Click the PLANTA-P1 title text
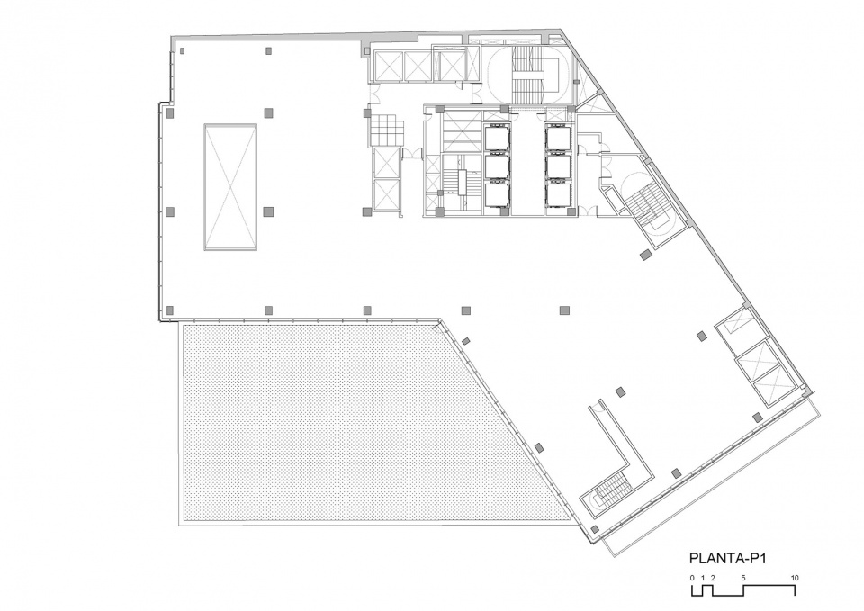pos(728,558)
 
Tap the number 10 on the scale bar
pos(795,578)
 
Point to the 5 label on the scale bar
pos(743,578)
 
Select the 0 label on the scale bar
pos(693,578)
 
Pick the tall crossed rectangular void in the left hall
pos(231,187)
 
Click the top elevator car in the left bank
pos(498,138)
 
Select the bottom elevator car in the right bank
pos(559,195)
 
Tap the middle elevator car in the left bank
pos(498,167)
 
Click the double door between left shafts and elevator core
pos(412,154)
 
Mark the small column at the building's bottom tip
pos(595,529)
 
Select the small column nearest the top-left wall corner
pos(182,50)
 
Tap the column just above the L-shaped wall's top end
pos(621,391)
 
